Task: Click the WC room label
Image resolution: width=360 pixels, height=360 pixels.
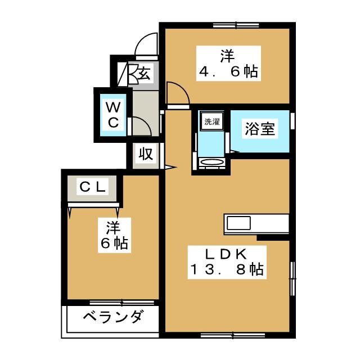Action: (113, 114)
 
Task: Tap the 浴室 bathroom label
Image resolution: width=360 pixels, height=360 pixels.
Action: (260, 129)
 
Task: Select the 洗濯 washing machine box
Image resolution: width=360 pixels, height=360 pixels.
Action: (211, 121)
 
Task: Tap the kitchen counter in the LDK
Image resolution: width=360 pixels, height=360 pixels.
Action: (257, 223)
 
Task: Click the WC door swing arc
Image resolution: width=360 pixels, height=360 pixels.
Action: (141, 126)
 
